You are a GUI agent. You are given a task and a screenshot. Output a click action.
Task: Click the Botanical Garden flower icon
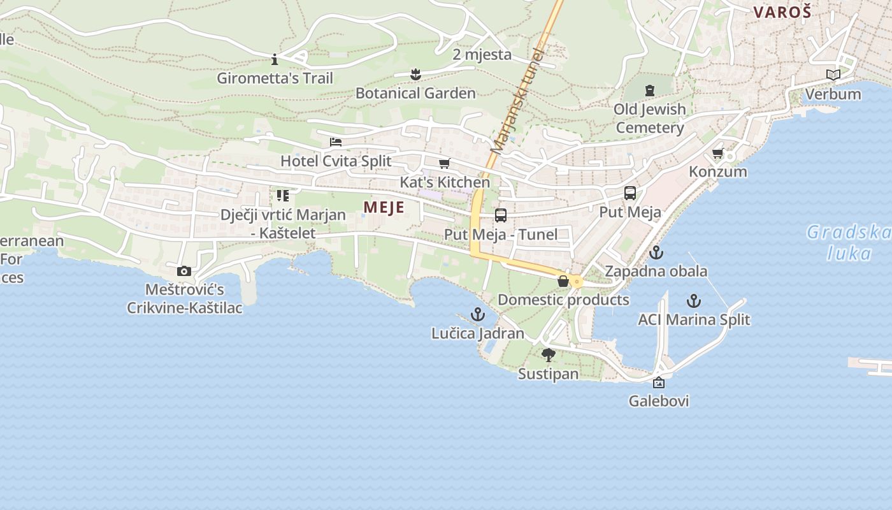coord(415,75)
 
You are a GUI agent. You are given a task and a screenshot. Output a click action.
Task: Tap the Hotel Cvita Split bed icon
coord(336,142)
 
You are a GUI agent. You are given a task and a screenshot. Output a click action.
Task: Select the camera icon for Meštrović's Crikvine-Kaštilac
coord(184,272)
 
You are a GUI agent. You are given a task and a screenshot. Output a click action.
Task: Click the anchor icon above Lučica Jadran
coord(477,314)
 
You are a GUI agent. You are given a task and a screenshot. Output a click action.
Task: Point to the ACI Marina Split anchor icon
coord(694,301)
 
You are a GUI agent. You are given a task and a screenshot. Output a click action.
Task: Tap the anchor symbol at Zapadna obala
coord(656,252)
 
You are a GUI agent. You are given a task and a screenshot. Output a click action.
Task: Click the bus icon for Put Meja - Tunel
coord(501,215)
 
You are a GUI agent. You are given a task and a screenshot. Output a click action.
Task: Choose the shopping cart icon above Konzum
coord(718,153)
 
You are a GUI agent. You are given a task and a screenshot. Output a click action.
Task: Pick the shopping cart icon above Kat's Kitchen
coord(445,163)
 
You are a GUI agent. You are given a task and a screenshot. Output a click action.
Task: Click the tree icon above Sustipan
coord(548,355)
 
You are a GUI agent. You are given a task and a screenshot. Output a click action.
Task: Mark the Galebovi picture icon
coord(659,382)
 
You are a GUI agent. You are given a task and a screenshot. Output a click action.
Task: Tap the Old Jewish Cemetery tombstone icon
coord(649,91)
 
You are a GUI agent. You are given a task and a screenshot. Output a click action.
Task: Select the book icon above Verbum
coord(833,75)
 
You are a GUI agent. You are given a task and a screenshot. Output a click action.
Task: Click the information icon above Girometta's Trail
coord(275,60)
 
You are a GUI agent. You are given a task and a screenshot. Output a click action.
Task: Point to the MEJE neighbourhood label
coord(384,207)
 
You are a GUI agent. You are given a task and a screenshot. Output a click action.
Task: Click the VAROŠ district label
coord(782,11)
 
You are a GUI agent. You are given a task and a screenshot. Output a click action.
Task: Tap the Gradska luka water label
coord(849,242)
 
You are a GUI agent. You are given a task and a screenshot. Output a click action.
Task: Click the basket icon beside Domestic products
coord(563,280)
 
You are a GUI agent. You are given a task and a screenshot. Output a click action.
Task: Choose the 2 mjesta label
coord(482,54)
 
